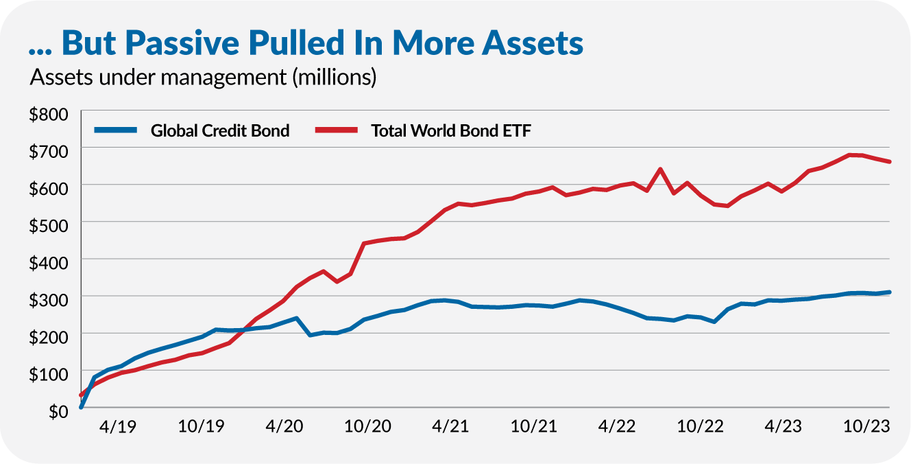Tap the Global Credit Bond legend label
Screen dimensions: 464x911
click(x=220, y=130)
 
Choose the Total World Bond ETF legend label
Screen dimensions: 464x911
click(x=451, y=130)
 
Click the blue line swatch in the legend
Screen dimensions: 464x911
click(x=116, y=130)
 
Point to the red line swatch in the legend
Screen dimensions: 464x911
click(x=336, y=130)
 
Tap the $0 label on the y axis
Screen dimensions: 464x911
click(x=59, y=411)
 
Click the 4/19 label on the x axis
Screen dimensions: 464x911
click(x=117, y=426)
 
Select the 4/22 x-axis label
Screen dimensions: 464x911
click(x=616, y=426)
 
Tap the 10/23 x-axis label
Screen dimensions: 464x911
click(x=866, y=426)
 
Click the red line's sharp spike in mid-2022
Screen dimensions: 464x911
click(x=659, y=169)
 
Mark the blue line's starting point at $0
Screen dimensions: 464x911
click(x=82, y=407)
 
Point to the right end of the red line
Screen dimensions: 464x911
click(x=889, y=162)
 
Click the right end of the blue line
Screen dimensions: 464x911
click(x=889, y=292)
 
